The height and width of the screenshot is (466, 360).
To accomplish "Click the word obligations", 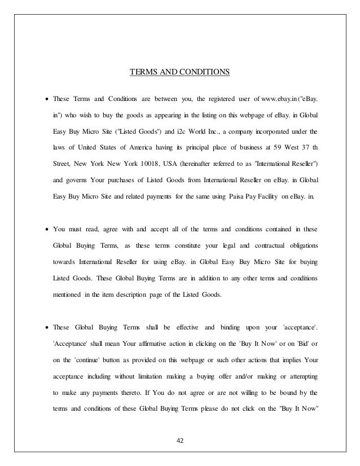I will tap(296, 245).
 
